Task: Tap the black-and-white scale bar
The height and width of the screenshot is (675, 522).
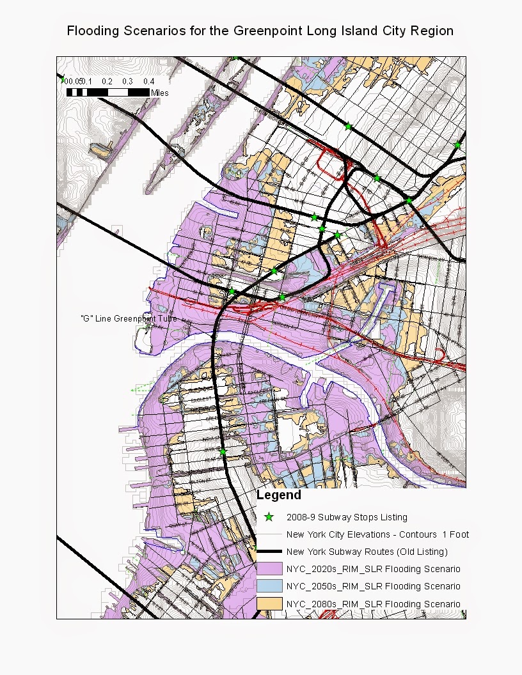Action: tap(107, 92)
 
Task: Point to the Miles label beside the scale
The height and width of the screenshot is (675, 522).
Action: tap(160, 93)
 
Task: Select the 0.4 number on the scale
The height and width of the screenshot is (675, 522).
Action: tap(148, 81)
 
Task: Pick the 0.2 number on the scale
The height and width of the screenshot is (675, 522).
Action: tap(107, 81)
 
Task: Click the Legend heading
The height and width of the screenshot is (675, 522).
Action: tap(278, 495)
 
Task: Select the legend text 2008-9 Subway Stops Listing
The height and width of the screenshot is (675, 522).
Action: tap(347, 517)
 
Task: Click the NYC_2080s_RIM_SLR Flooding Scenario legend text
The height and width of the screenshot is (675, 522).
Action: tap(373, 603)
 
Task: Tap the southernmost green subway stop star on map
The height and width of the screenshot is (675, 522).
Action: tap(223, 452)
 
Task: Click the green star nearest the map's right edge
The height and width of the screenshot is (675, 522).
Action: tap(457, 146)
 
